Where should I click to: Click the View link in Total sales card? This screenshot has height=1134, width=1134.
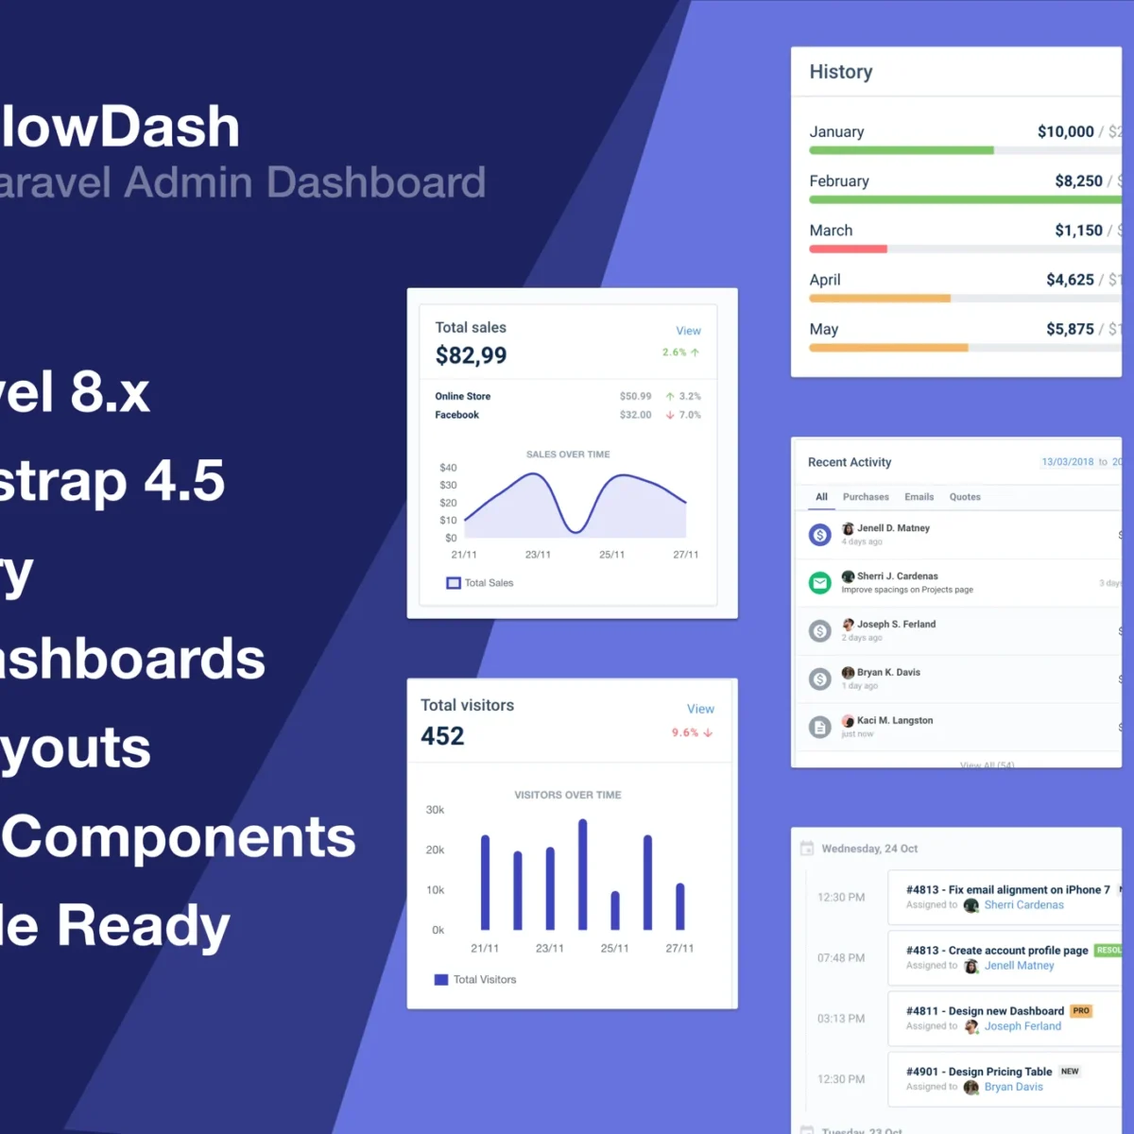pyautogui.click(x=688, y=331)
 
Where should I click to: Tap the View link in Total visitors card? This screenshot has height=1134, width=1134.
pyautogui.click(x=700, y=709)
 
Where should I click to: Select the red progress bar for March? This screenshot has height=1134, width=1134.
pyautogui.click(x=848, y=249)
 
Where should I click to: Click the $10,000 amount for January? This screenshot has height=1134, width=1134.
pyautogui.click(x=1065, y=132)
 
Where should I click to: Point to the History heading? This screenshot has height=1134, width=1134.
pyautogui.click(x=841, y=72)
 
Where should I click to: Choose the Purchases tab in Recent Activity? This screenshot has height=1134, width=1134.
pyautogui.click(x=866, y=497)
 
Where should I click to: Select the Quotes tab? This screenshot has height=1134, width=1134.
pyautogui.click(x=965, y=497)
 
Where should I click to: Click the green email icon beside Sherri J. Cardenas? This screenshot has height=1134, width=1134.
pyautogui.click(x=820, y=583)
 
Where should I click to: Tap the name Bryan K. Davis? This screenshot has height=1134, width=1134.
pyautogui.click(x=888, y=673)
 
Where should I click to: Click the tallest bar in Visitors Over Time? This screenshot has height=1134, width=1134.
pyautogui.click(x=582, y=874)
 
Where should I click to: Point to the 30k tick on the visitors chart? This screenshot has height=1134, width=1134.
pyautogui.click(x=435, y=810)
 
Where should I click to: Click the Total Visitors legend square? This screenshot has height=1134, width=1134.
pyautogui.click(x=441, y=980)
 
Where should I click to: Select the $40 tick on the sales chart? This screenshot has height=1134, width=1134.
pyautogui.click(x=448, y=468)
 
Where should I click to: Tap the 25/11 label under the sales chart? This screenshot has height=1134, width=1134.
pyautogui.click(x=611, y=555)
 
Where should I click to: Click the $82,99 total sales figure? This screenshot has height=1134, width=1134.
pyautogui.click(x=471, y=355)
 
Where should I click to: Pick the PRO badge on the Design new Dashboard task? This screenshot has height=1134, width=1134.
pyautogui.click(x=1081, y=1011)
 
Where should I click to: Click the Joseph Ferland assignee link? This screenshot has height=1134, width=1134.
pyautogui.click(x=1022, y=1026)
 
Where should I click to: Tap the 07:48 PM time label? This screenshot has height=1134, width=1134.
pyautogui.click(x=841, y=958)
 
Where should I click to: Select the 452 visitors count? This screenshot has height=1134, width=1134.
pyautogui.click(x=442, y=736)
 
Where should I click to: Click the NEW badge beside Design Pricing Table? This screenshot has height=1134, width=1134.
pyautogui.click(x=1070, y=1072)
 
